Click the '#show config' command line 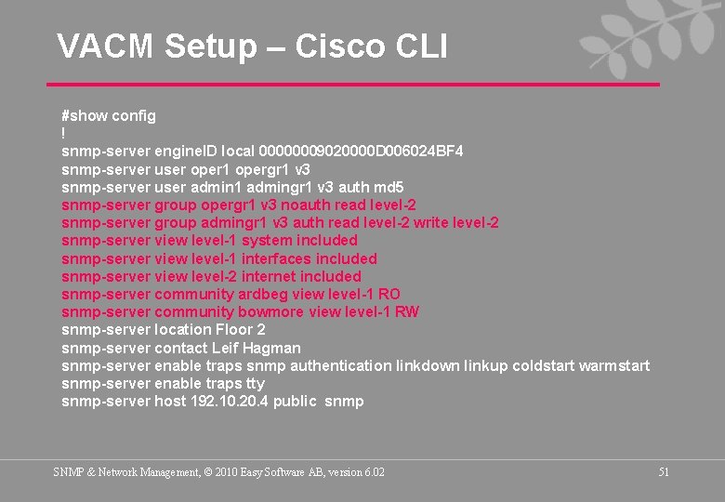[x=109, y=116]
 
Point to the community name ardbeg [x=263, y=294]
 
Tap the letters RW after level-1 [x=407, y=311]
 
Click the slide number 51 [x=664, y=472]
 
